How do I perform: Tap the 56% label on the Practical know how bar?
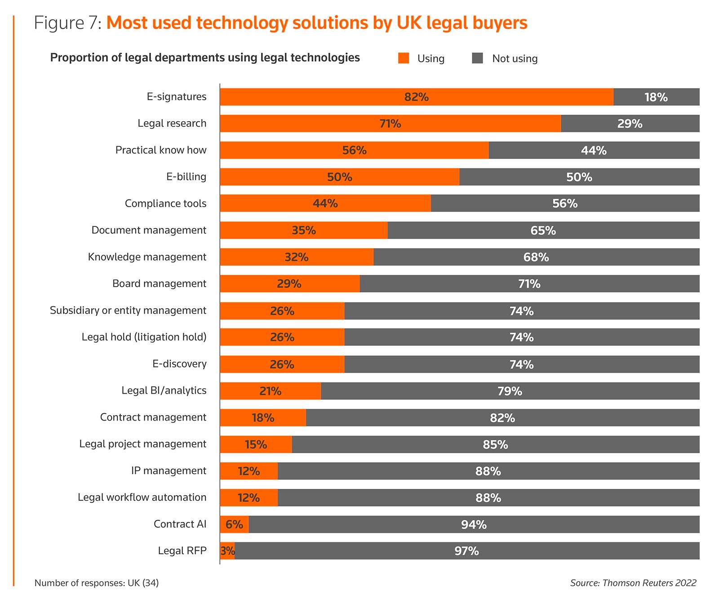354,150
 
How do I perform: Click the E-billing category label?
186,177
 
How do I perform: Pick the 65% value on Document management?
543,230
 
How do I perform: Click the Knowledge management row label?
147,257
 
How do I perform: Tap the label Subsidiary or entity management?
128,310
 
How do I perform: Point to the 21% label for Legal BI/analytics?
270,391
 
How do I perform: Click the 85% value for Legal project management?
495,445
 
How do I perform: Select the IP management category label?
169,471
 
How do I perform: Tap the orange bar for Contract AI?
234,524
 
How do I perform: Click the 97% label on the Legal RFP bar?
466,551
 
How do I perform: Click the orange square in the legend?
404,58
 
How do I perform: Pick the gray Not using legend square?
477,58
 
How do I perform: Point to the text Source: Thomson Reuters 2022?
633,583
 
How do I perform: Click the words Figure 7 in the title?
68,23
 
